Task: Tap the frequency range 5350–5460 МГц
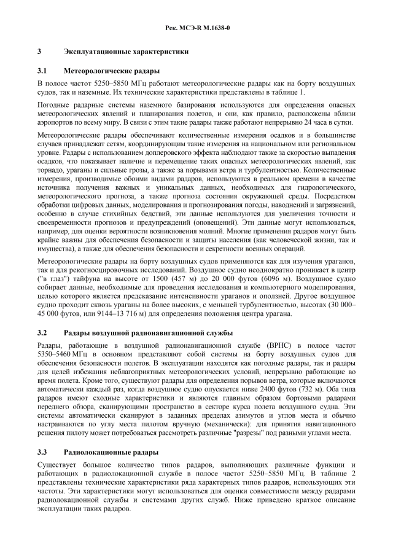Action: [63, 355]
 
